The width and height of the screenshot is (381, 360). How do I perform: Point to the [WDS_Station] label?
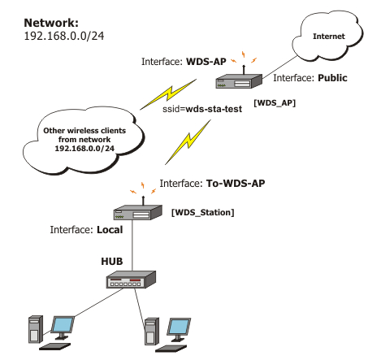(x=202, y=212)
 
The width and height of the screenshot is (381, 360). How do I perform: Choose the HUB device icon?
(x=130, y=281)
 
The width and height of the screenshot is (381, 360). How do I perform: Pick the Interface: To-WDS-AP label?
(x=213, y=184)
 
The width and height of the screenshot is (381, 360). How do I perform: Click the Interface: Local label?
(x=85, y=230)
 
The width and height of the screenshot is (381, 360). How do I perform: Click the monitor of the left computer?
(x=63, y=327)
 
